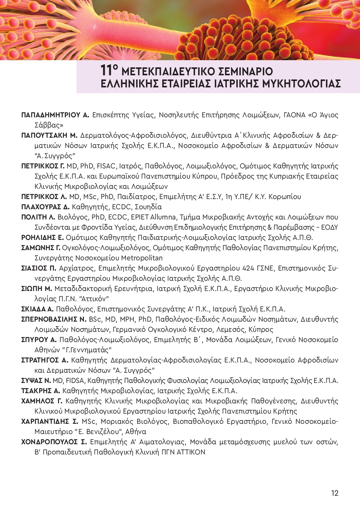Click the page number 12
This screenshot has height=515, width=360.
(x=334, y=493)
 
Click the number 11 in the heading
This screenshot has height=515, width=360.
(x=107, y=71)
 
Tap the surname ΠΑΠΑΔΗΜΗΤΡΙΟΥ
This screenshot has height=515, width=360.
(x=51, y=115)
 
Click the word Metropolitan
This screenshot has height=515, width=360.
(x=142, y=258)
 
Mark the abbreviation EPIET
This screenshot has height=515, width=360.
(x=140, y=217)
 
